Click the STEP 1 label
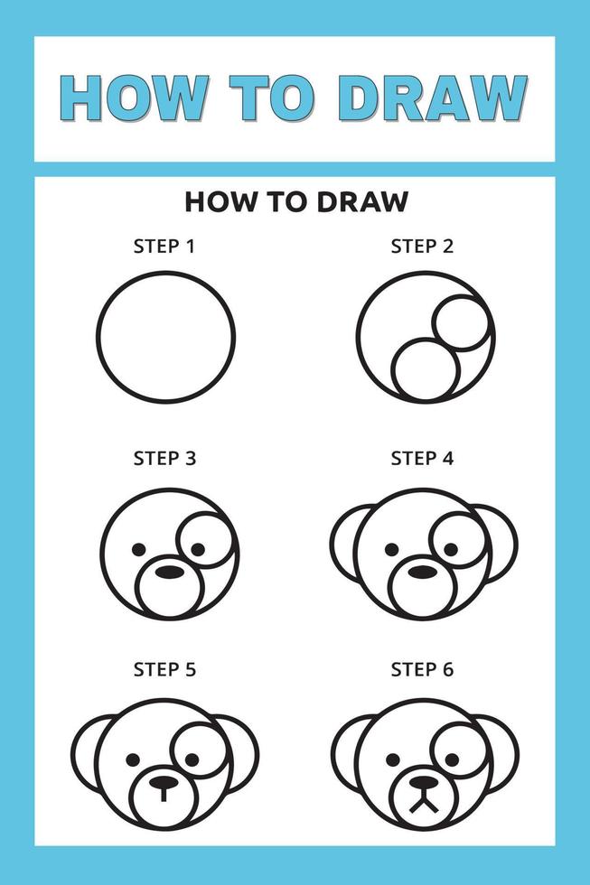(x=164, y=246)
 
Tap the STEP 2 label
(x=422, y=246)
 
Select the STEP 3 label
(x=164, y=458)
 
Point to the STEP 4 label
(x=422, y=458)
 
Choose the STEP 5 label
(x=164, y=669)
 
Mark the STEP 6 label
(x=422, y=669)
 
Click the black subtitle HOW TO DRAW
(x=295, y=201)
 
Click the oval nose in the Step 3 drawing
(x=168, y=571)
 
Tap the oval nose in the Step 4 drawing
(x=421, y=571)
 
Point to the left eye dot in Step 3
(x=138, y=548)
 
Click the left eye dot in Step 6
(x=391, y=759)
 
